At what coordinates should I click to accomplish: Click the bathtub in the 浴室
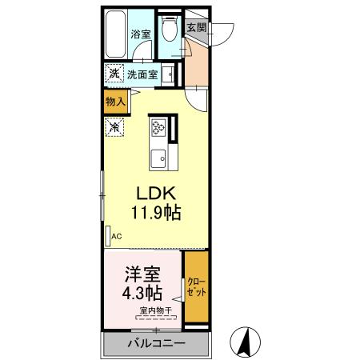[x=117, y=35]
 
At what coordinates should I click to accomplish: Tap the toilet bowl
[x=169, y=30]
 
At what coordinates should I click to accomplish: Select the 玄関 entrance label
[x=195, y=26]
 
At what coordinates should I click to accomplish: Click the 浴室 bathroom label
[x=141, y=34]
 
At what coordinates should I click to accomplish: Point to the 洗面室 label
[x=142, y=74]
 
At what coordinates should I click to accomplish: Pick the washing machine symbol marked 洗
[x=114, y=74]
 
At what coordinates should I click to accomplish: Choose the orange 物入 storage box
[x=115, y=101]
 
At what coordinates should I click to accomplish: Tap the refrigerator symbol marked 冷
[x=115, y=126]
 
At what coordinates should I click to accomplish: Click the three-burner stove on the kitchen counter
[x=157, y=126]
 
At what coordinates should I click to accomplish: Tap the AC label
[x=115, y=236]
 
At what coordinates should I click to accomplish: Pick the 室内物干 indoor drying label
[x=154, y=310]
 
